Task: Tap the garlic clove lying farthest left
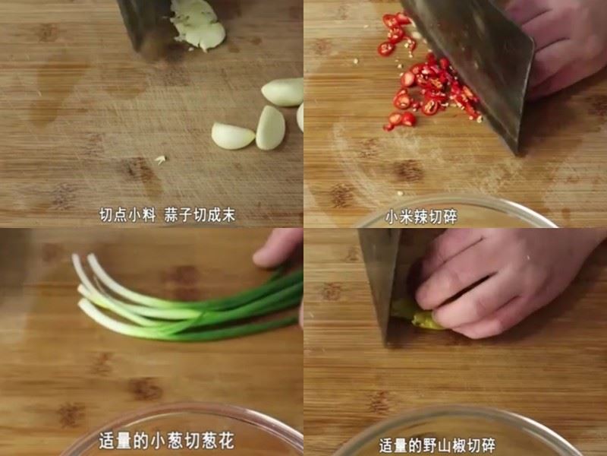pos(232,136)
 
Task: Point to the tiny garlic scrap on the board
pos(160,160)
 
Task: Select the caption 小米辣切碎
pos(421,217)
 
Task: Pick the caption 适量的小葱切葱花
pos(166,441)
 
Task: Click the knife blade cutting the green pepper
pos(379,281)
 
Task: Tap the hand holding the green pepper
pos(493,281)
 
